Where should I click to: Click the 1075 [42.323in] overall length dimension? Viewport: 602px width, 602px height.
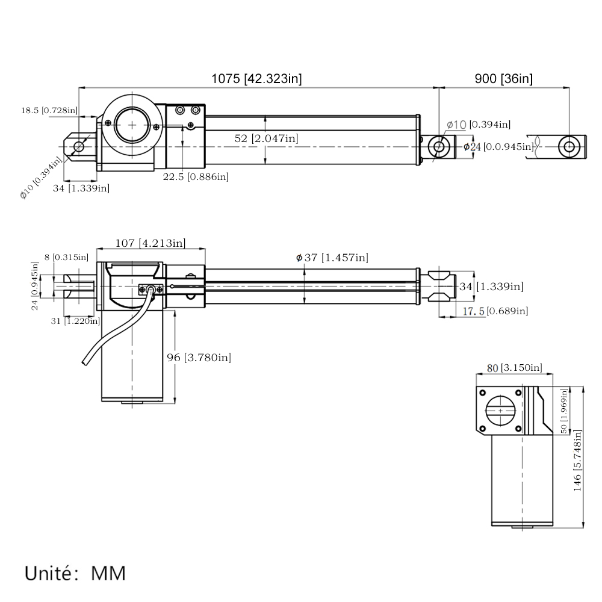pos(256,78)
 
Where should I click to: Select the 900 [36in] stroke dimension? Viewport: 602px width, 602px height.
pos(503,78)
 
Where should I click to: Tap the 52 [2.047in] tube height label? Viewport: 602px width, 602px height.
pos(266,138)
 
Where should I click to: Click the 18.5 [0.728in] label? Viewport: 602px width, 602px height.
pos(49,110)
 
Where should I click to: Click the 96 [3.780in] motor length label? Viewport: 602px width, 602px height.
pos(198,358)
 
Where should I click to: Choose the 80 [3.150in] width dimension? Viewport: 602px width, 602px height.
pos(514,368)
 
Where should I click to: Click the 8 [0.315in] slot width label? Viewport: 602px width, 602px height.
pos(66,258)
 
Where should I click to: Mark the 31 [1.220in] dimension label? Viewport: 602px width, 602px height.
pos(75,321)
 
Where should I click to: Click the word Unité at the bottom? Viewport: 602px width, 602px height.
pos(53,573)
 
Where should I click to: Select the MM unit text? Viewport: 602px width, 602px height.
pos(108,573)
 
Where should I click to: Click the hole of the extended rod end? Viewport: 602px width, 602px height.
pos(569,146)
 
